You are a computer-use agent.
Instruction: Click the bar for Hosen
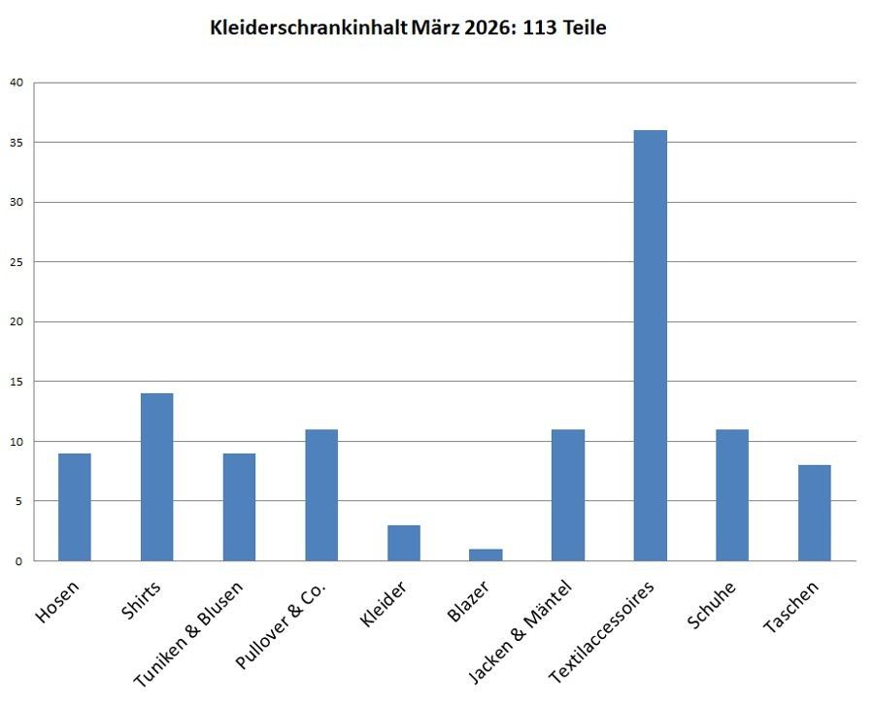coord(74,507)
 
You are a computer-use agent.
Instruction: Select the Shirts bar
coord(156,477)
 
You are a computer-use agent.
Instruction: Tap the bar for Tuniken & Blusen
coord(239,507)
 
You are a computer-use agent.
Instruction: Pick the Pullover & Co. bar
coord(321,495)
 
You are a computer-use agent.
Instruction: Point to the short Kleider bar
coord(404,543)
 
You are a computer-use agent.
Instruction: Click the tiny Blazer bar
coord(486,555)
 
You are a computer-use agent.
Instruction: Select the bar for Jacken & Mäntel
coord(568,495)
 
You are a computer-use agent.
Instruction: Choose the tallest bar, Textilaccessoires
coord(650,346)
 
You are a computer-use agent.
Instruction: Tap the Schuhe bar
coord(732,495)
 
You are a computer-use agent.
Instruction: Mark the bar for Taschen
coord(815,513)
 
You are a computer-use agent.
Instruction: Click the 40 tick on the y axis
coord(16,83)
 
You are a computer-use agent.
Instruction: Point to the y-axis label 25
coord(16,262)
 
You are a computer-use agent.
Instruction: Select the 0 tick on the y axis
coord(19,561)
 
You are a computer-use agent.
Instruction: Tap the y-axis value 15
coord(16,382)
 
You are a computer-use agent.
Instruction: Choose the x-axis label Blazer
coord(469,603)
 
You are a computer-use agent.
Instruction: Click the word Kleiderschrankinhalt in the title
coord(308,28)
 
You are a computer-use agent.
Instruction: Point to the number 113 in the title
coord(540,28)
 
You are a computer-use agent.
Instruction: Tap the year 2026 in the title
coord(486,28)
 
